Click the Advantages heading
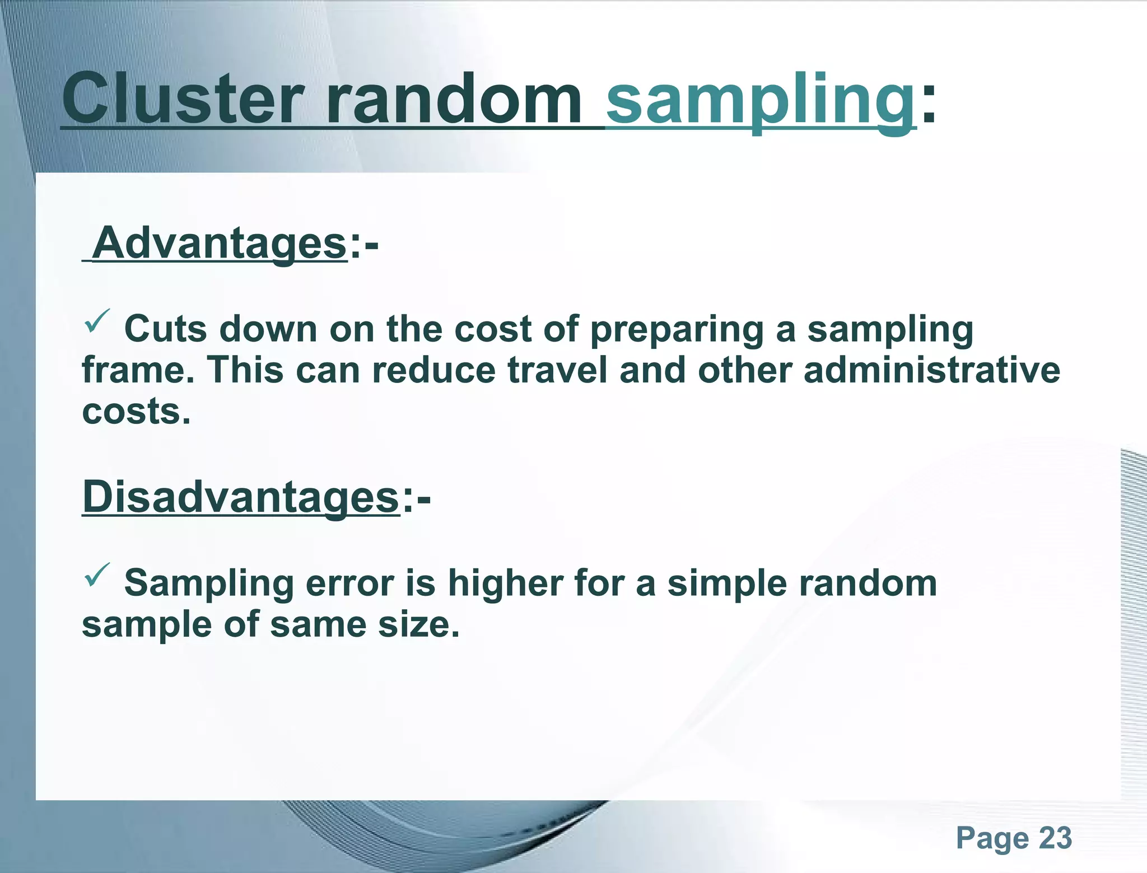point(220,244)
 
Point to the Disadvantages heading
point(240,497)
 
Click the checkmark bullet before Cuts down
point(97,321)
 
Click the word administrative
point(931,370)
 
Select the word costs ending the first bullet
point(136,412)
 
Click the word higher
point(505,583)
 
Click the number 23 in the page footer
point(1055,838)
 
